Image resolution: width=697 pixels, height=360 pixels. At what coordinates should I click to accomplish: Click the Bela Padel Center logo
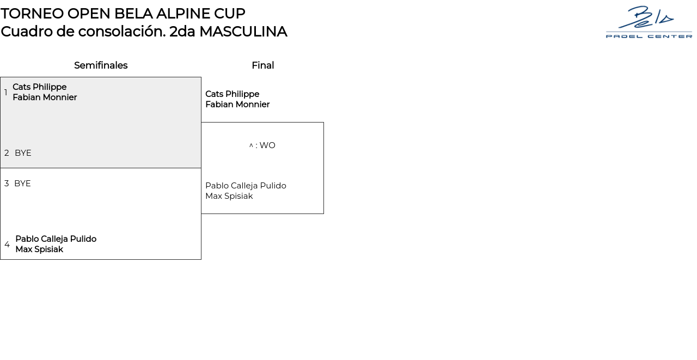click(x=649, y=22)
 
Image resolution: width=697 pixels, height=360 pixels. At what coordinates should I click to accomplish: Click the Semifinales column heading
click(x=101, y=65)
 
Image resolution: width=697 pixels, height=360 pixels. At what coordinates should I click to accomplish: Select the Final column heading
click(x=263, y=65)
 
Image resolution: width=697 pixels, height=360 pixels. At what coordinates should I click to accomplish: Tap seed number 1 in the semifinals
click(x=5, y=93)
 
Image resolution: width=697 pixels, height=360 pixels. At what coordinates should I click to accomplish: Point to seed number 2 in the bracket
click(x=7, y=153)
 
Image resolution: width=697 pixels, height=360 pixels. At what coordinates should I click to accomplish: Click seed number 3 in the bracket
click(x=7, y=184)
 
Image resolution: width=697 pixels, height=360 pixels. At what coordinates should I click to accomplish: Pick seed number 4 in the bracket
click(x=7, y=244)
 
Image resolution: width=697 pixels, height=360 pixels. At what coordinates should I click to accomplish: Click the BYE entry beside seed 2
click(x=23, y=153)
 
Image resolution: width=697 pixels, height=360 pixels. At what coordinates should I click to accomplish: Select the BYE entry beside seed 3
click(x=22, y=184)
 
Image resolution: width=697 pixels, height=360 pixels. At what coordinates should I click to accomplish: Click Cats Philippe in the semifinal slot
click(x=40, y=87)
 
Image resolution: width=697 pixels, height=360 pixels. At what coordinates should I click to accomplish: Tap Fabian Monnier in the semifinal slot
click(x=45, y=97)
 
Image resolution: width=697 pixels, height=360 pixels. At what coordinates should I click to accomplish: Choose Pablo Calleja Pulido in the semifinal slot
click(x=56, y=239)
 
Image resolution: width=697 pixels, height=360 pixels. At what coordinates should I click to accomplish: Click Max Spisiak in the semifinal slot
click(x=39, y=249)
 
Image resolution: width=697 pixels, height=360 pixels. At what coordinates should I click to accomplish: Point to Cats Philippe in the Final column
click(x=233, y=94)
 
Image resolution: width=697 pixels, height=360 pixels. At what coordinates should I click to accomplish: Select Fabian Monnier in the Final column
click(x=238, y=105)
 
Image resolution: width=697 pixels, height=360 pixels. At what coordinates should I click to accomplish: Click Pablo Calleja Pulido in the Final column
click(x=246, y=186)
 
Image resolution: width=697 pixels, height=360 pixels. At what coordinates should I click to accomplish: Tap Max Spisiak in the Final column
click(x=229, y=196)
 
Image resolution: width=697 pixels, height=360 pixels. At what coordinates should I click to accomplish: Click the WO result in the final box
click(x=267, y=145)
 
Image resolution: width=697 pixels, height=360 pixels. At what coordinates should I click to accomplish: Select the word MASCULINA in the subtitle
click(x=243, y=32)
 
